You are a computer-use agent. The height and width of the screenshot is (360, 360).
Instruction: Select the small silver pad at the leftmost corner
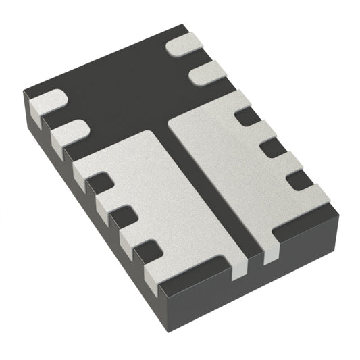coord(46,101)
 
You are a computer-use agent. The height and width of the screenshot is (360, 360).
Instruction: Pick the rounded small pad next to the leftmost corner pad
coord(70,130)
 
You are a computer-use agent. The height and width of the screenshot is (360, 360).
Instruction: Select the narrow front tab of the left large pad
coord(240,268)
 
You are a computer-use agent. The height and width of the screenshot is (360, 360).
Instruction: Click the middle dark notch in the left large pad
coord(122,217)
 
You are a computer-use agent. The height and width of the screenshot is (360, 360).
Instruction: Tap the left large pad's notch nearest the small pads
coord(100,182)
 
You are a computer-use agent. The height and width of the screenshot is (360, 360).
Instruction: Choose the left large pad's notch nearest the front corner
coord(148,251)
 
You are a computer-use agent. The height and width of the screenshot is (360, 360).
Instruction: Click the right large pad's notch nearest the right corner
coord(299,179)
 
